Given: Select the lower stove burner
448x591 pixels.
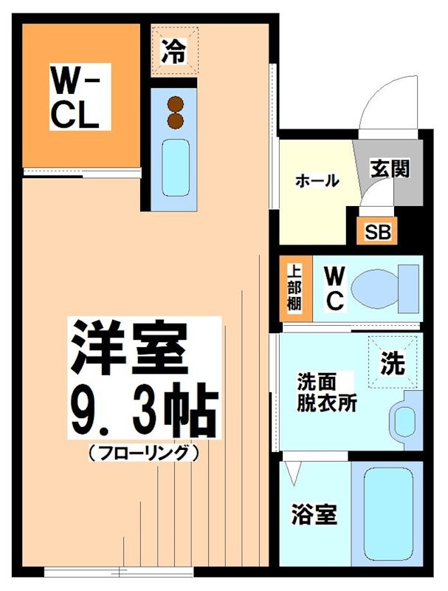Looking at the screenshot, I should tap(176, 120).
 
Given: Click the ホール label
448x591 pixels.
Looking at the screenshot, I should tap(317, 180).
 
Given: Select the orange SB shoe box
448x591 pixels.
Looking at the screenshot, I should tap(376, 230).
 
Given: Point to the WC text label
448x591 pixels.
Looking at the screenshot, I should tap(334, 288).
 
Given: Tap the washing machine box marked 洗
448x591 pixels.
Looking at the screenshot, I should tap(393, 362).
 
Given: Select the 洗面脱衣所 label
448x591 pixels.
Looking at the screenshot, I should tap(325, 393).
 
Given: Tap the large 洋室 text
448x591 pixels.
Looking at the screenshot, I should tap(126, 350).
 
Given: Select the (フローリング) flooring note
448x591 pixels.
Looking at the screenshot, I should tap(145, 452).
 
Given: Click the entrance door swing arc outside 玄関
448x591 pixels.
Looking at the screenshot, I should tap(384, 96).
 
